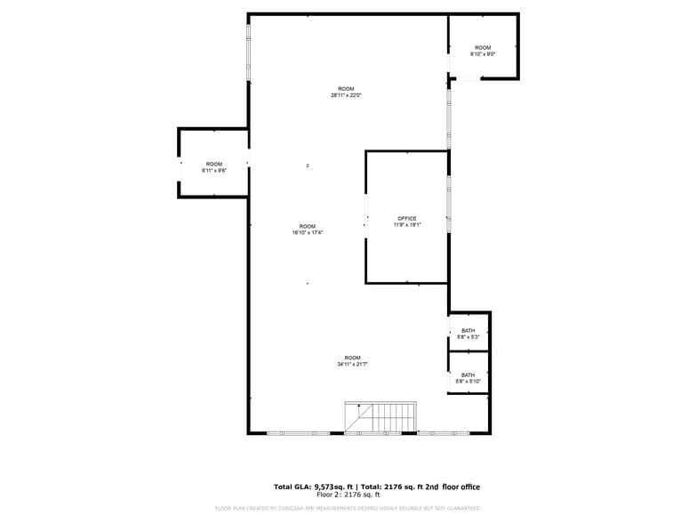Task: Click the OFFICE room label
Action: coord(406,218)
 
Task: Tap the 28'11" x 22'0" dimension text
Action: coord(346,95)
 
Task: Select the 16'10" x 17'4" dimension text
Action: coord(307,232)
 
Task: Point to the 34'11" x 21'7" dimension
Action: coord(352,364)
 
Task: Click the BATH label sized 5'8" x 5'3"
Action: coord(468,331)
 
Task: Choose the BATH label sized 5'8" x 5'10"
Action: coord(468,374)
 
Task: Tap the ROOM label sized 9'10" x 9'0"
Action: coord(482,47)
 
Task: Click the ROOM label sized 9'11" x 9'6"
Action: coord(214,164)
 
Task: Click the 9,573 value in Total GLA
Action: coord(330,487)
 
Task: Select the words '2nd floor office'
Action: coord(450,487)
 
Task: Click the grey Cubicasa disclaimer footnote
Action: coord(348,508)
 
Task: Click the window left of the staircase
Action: coord(299,433)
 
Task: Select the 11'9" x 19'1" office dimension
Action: coord(406,225)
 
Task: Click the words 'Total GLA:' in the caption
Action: coord(293,487)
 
